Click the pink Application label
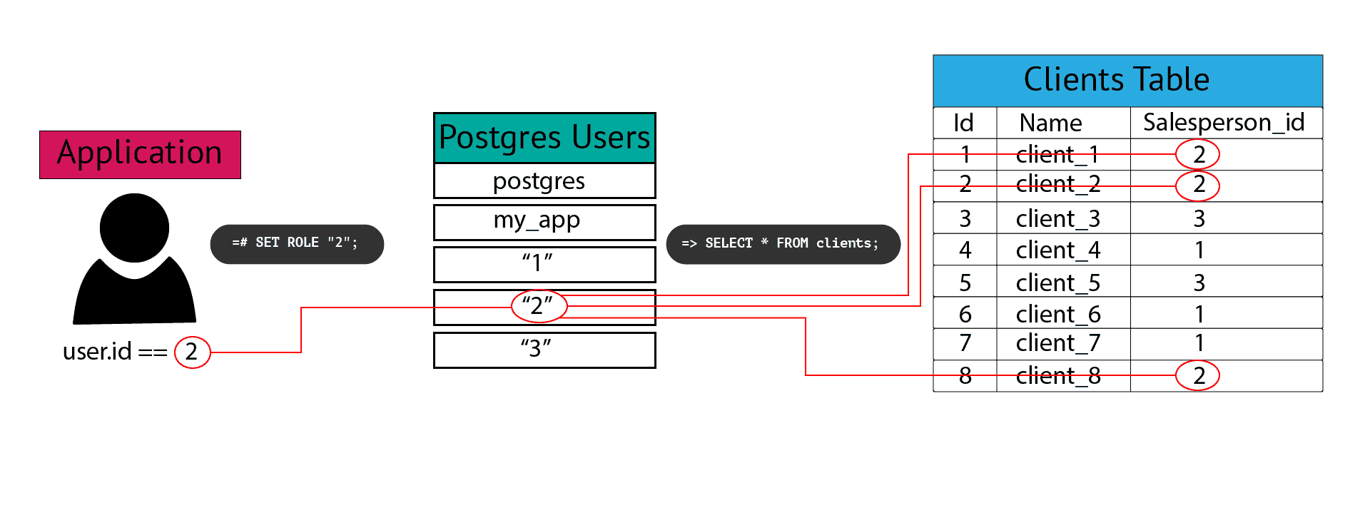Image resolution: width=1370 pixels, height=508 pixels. [140, 154]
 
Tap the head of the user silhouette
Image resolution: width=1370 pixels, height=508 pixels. [134, 228]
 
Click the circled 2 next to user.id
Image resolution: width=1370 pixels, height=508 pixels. [192, 352]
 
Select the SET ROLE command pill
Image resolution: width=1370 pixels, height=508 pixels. [297, 243]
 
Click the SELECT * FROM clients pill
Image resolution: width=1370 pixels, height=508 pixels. [783, 243]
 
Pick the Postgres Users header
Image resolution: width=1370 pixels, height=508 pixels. [544, 138]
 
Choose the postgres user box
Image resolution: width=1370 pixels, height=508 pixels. [544, 181]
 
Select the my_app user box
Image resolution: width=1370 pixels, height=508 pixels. [544, 222]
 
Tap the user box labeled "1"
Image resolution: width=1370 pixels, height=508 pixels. [544, 264]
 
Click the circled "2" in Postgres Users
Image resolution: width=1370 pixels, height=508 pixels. [539, 306]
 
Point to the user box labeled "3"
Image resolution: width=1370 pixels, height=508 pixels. [544, 350]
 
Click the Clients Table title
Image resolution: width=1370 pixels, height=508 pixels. [1127, 80]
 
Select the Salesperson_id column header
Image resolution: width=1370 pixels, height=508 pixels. [1224, 123]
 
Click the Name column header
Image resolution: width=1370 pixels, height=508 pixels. [1050, 123]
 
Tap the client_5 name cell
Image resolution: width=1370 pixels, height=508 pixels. [1058, 283]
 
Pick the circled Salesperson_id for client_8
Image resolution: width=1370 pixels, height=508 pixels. [1198, 375]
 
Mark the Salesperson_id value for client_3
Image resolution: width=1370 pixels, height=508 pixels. [1199, 218]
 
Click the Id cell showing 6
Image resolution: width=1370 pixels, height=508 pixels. [965, 314]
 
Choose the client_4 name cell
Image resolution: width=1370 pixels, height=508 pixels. [1058, 250]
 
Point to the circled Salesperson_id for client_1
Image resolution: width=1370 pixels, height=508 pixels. [1198, 154]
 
